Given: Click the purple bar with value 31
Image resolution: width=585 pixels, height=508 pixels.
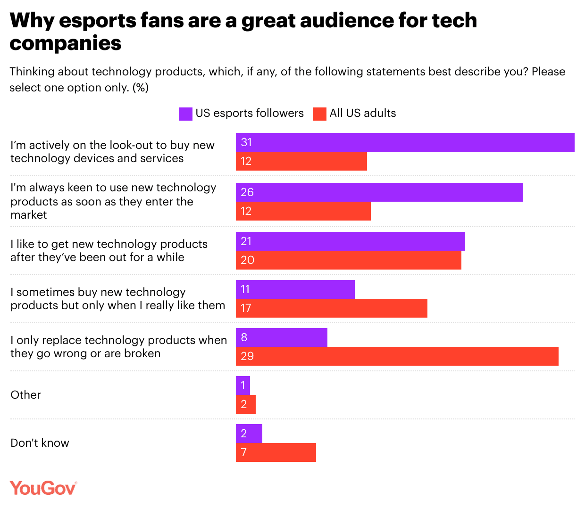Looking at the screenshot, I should pyautogui.click(x=405, y=142).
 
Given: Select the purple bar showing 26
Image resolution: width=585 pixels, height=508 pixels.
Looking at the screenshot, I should pyautogui.click(x=379, y=192).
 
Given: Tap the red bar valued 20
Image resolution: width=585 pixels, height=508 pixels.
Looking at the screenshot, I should pyautogui.click(x=348, y=260).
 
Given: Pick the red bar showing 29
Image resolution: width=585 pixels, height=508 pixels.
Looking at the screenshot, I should pyautogui.click(x=397, y=356).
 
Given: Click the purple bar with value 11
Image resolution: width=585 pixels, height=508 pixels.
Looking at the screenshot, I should pyautogui.click(x=295, y=289).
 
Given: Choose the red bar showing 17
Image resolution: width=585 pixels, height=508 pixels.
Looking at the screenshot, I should pyautogui.click(x=331, y=308).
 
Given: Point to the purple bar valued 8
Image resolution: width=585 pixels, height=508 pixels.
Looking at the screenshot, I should pyautogui.click(x=281, y=337).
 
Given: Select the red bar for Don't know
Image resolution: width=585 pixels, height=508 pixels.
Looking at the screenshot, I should pyautogui.click(x=276, y=452).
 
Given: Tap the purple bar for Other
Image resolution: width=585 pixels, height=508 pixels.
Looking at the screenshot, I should pyautogui.click(x=242, y=385).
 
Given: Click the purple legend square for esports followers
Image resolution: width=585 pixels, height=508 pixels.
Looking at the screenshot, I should pyautogui.click(x=186, y=114).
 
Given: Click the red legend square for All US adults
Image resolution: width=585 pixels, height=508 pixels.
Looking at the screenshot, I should pyautogui.click(x=320, y=114).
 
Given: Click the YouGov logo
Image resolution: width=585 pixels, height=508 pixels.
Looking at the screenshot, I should pyautogui.click(x=43, y=488).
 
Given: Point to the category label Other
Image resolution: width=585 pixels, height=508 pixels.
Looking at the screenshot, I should pyautogui.click(x=25, y=395).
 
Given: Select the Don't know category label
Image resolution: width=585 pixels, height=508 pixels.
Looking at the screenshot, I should pyautogui.click(x=40, y=443).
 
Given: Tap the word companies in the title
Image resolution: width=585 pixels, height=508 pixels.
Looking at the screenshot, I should pyautogui.click(x=66, y=43).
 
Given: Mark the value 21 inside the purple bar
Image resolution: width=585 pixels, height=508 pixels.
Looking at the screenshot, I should pyautogui.click(x=246, y=241).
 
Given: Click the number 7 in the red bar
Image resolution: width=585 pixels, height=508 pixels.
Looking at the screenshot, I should pyautogui.click(x=243, y=452).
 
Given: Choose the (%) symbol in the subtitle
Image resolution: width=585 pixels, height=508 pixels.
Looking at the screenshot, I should pyautogui.click(x=141, y=88).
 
